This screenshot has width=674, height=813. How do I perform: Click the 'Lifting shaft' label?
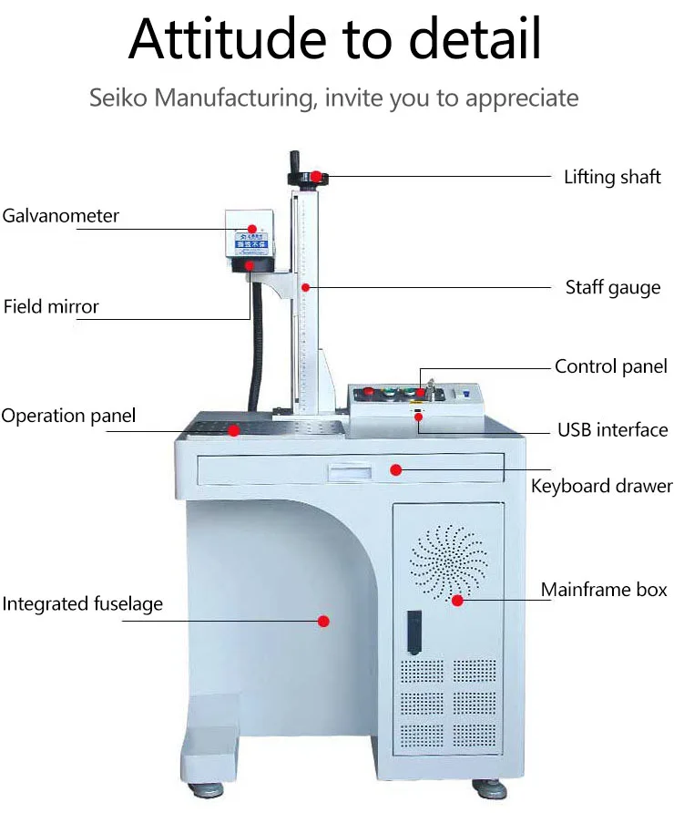tap(612, 177)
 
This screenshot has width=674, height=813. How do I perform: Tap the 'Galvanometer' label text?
tap(61, 216)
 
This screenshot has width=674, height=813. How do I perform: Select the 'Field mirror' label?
tap(51, 306)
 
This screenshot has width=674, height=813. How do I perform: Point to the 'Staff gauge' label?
tap(612, 288)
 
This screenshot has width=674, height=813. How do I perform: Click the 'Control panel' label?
tap(611, 367)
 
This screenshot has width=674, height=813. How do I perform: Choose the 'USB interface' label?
tap(612, 429)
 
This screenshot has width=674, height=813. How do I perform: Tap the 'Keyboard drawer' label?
tap(601, 486)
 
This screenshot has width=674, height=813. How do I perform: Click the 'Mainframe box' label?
tap(604, 590)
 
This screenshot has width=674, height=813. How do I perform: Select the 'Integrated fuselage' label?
tap(83, 603)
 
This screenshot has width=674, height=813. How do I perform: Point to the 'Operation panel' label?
tap(68, 416)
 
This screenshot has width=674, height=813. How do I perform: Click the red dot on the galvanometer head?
tap(254, 230)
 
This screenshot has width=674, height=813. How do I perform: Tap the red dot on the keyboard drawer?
tap(396, 470)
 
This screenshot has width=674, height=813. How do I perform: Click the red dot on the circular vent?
tap(457, 600)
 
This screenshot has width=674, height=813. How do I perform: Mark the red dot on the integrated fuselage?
tap(322, 621)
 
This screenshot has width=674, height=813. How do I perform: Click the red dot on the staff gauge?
tap(307, 288)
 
